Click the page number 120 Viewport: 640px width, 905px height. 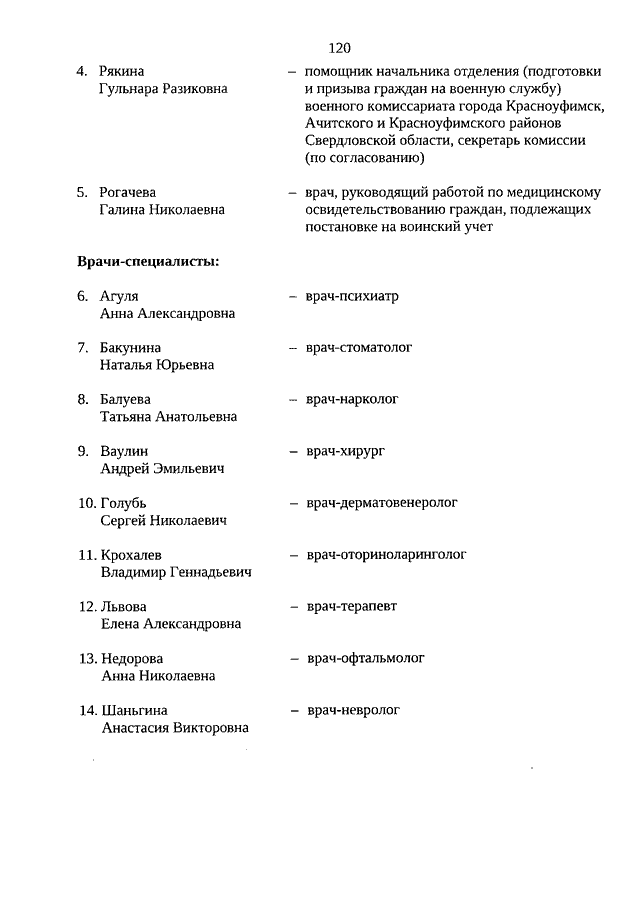point(339,47)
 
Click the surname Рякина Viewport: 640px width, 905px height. point(122,72)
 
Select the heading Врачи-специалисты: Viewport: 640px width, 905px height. point(148,262)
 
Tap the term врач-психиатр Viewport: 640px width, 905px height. point(352,296)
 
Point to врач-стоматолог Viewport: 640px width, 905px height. point(359,348)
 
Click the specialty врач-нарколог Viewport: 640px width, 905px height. point(352,399)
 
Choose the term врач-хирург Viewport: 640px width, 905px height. point(345,451)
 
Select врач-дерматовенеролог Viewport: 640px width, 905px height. point(382,503)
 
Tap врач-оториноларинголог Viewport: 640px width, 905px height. point(386,554)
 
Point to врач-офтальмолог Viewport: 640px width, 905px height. point(365,658)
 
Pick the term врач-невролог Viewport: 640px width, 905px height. point(352,710)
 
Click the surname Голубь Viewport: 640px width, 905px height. point(125,503)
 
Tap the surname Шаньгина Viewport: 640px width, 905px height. point(134,711)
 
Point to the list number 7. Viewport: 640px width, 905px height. point(83,348)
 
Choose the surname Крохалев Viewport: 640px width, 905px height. point(132,555)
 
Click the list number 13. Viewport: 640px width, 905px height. point(86,659)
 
